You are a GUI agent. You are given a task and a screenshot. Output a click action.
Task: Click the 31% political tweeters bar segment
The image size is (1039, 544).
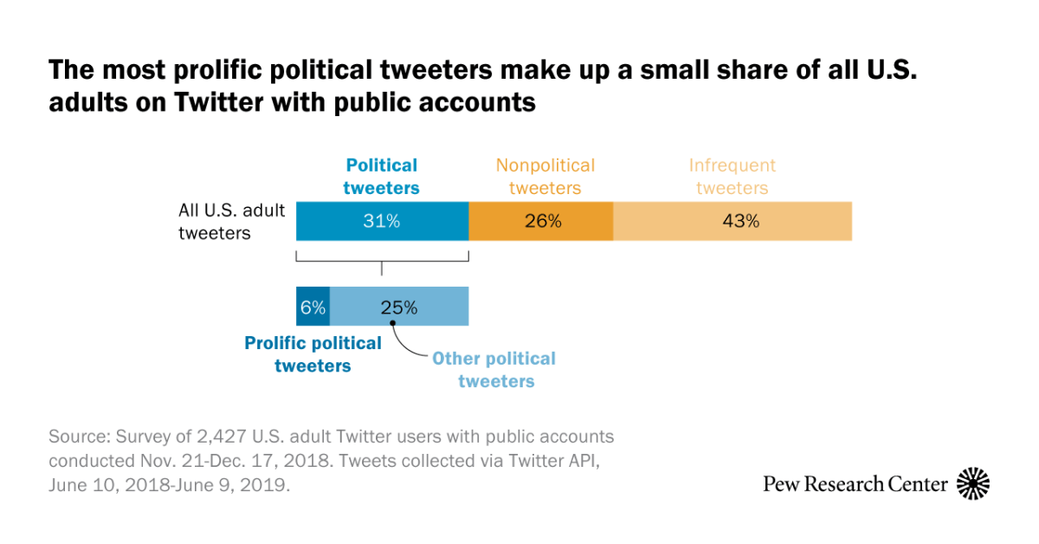(382, 221)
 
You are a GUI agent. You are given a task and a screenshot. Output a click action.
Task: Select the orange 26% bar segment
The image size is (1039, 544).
(541, 221)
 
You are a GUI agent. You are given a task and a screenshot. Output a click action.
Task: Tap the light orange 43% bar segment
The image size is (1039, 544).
(732, 221)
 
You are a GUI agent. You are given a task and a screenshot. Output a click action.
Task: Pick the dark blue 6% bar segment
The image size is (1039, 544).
(313, 307)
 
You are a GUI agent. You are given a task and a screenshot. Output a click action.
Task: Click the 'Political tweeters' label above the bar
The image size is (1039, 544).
(382, 176)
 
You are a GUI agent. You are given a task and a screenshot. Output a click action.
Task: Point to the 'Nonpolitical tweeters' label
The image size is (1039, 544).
(545, 176)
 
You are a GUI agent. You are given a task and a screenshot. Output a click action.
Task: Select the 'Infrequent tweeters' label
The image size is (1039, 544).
(732, 176)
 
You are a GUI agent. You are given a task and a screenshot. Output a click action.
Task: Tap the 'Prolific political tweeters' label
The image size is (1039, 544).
(313, 354)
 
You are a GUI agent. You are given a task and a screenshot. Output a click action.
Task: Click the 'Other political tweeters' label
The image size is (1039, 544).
(494, 370)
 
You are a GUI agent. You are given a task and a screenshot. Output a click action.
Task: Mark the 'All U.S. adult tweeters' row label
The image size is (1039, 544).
(231, 221)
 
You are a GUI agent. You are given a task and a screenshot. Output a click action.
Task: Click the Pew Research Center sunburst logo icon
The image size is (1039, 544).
(973, 483)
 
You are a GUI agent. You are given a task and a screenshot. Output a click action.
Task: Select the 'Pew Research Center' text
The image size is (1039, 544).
(855, 484)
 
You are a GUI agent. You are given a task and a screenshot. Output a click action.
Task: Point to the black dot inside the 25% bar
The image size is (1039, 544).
(393, 323)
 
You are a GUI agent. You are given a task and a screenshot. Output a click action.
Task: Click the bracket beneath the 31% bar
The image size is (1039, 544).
(382, 259)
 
